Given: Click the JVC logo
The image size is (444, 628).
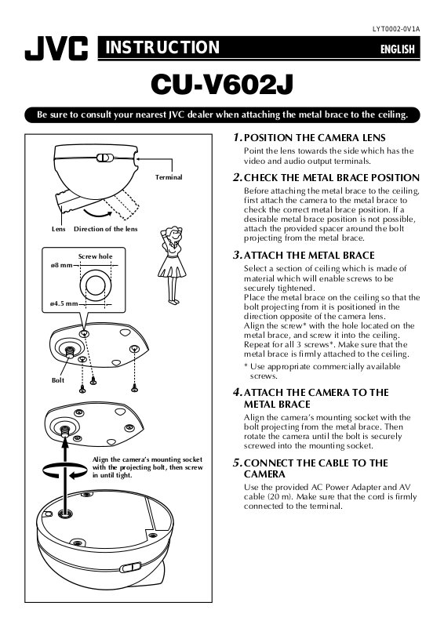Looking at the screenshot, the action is point(56,49).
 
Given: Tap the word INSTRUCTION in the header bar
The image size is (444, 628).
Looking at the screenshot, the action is point(162,47).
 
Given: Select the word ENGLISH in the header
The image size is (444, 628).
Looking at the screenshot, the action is point(397,49).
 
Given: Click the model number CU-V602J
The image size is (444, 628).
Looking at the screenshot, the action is point(222,85).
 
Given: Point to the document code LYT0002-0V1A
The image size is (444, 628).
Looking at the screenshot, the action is point(396,29).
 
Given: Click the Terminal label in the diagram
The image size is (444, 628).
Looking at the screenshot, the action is point(169,177).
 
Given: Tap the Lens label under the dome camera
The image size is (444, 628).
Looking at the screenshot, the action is point(59,229).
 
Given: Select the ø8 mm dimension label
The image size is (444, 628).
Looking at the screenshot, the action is point(61,265).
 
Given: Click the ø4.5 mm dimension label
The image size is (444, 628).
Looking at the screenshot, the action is point(64,303).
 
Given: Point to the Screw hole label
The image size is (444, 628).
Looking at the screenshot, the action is point(96,256).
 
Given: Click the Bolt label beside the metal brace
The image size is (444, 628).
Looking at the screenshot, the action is point(58,380).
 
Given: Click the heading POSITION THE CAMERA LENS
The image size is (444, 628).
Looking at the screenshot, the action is point(315,138).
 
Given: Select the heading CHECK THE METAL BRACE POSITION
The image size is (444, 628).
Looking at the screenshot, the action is point(332,177).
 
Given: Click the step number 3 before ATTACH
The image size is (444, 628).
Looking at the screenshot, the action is point(237,255).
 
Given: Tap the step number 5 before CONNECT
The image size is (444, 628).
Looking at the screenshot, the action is point(237,463).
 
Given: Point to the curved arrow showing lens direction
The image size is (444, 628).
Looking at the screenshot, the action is point(99,213).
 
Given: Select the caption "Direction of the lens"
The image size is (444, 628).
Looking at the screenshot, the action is point(106,229).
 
